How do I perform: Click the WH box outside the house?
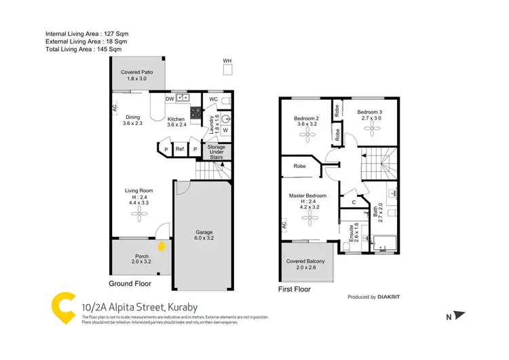tap(227, 69)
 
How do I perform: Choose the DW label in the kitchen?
tap(170, 98)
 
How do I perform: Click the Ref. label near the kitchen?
tap(181, 149)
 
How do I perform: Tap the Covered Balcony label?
tap(305, 264)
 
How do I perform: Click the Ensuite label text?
tap(352, 233)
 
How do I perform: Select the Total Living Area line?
tap(83, 50)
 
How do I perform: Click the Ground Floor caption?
tap(130, 284)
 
